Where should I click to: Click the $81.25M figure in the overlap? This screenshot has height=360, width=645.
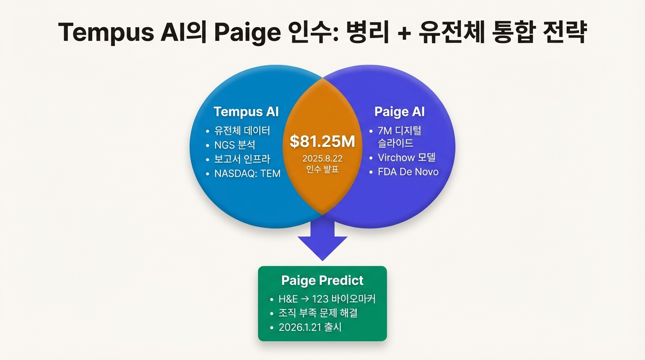pos(322,141)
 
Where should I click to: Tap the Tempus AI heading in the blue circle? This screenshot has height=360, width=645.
pos(246,112)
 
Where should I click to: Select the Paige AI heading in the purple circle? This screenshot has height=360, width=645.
pos(399,112)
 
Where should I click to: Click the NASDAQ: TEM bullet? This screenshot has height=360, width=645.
pos(247,173)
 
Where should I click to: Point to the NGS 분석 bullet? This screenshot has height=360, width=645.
pos(234,145)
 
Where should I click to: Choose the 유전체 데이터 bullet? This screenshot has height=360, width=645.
pos(242,131)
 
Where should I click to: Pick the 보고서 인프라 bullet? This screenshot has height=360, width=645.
pos(242,159)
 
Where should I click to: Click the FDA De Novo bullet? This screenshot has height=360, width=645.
pos(408,172)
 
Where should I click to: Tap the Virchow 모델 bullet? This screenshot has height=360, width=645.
pos(406,157)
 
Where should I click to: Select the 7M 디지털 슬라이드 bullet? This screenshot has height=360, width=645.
pos(399,137)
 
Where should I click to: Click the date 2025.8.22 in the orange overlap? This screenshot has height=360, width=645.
pos(322,158)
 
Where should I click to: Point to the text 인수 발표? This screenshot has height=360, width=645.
pos(322,169)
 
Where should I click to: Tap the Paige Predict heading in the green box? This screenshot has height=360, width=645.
pos(322,280)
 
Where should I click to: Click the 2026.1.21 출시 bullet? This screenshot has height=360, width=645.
pos(310,327)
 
